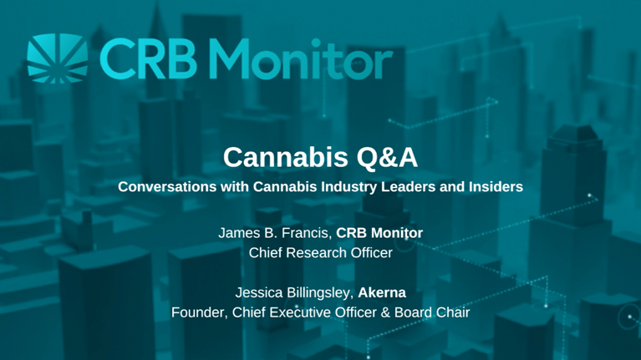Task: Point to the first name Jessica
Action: coord(261,294)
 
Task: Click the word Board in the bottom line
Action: coord(407,313)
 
